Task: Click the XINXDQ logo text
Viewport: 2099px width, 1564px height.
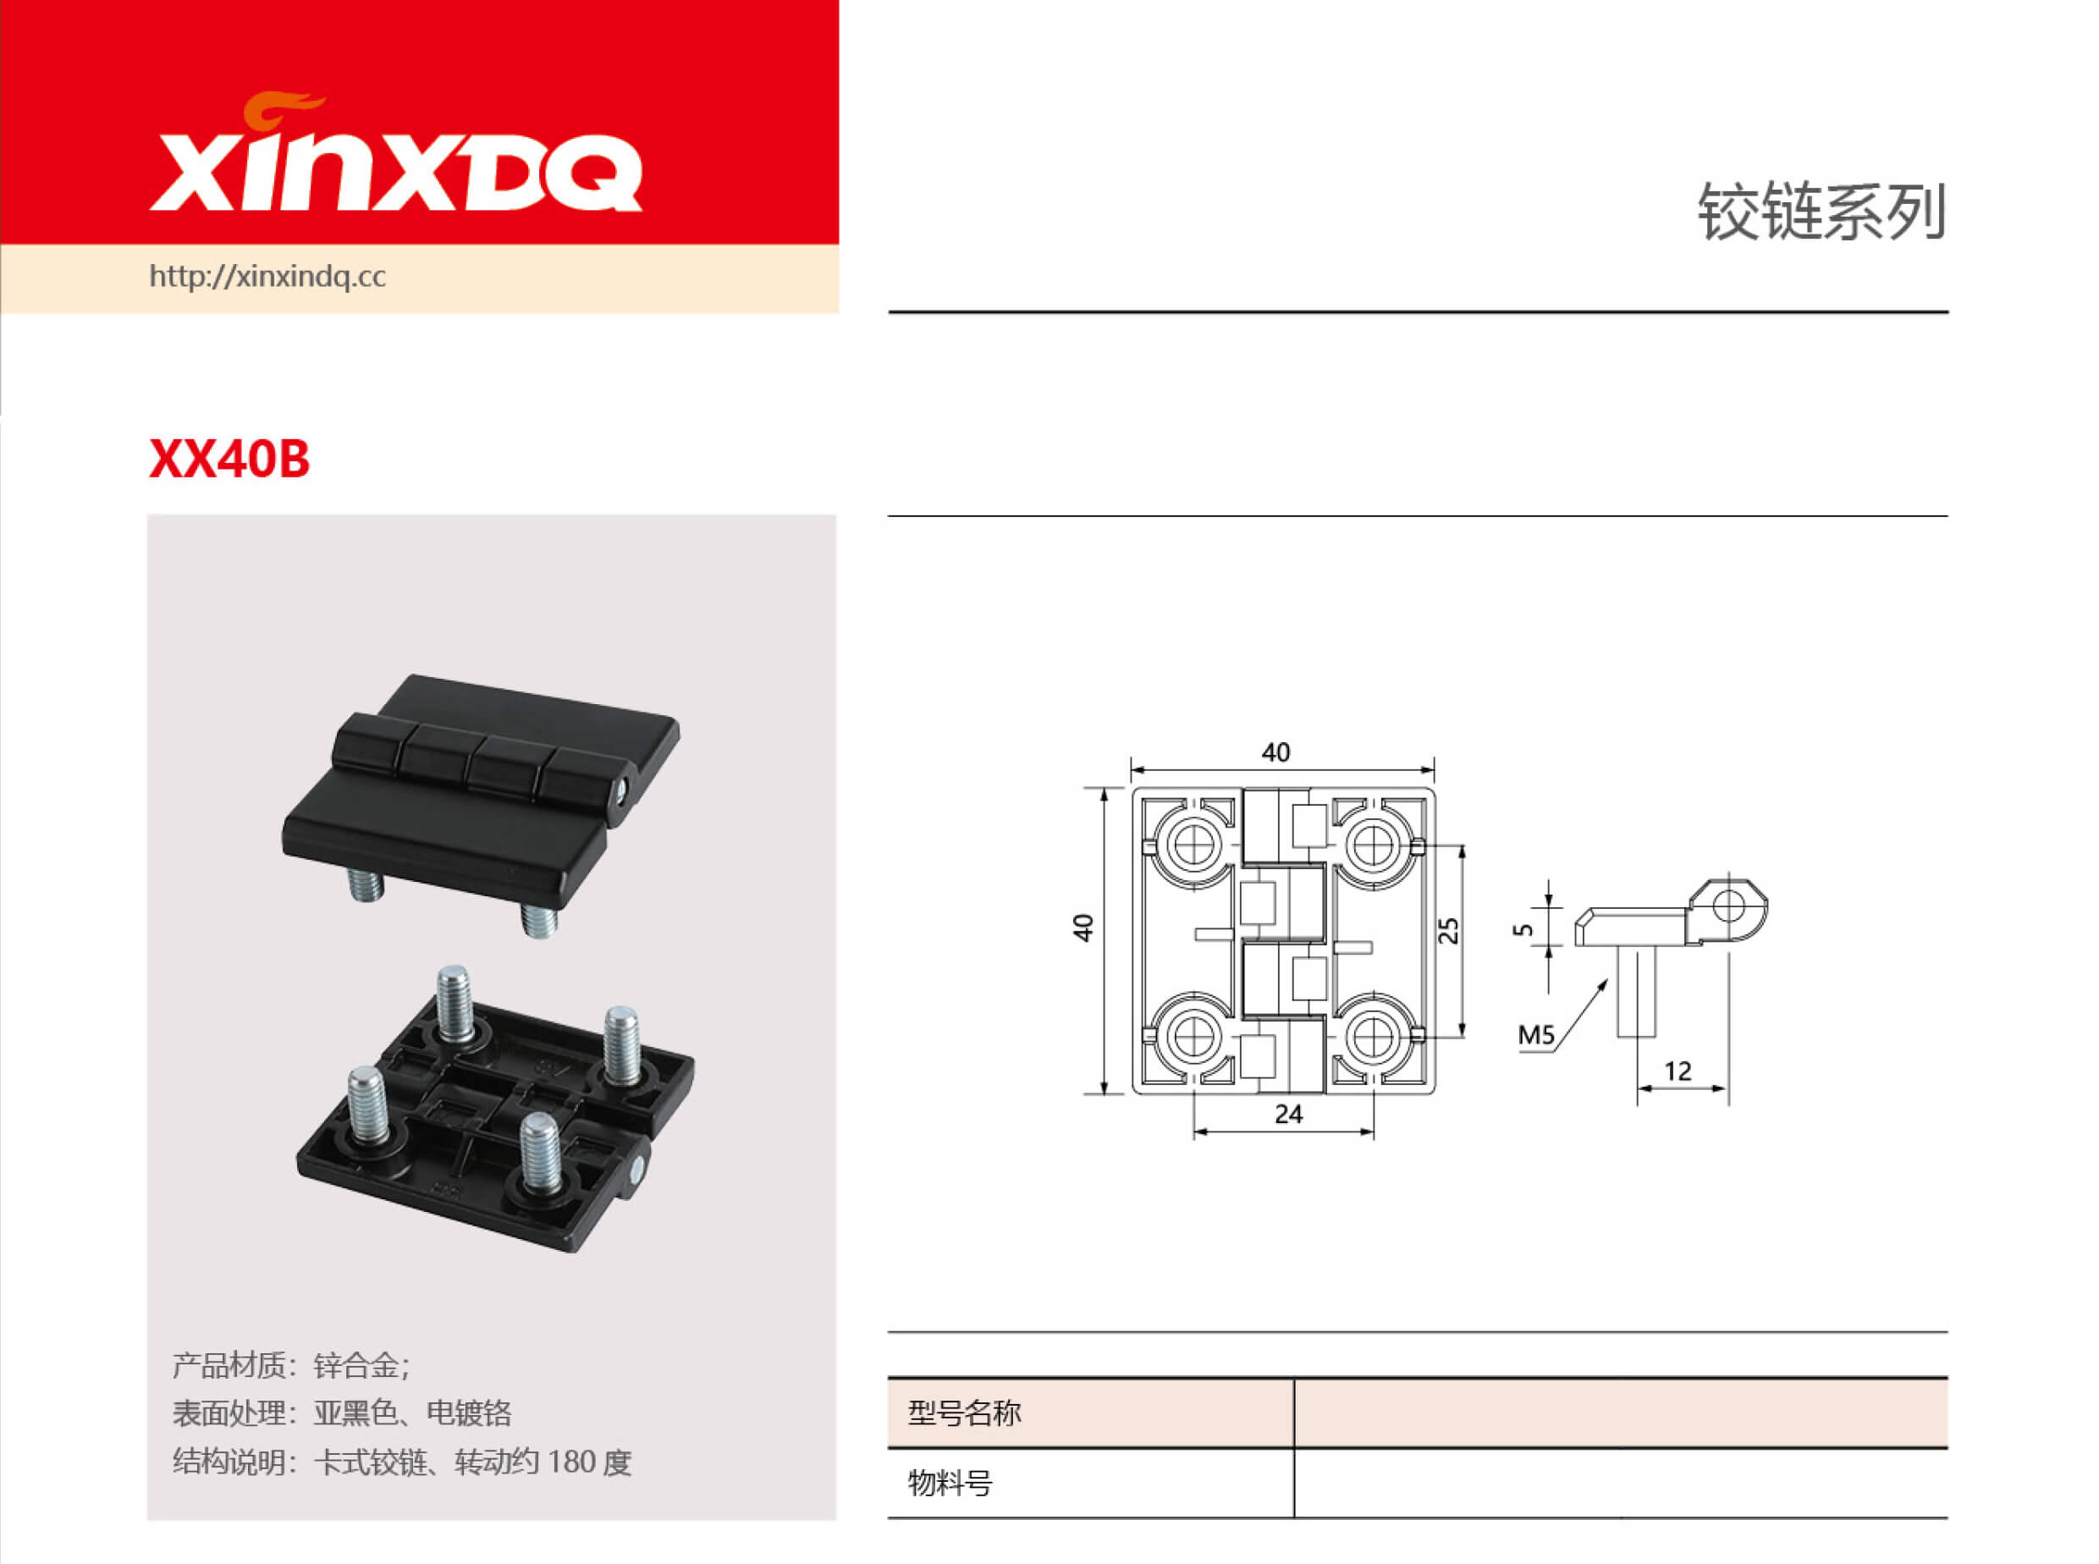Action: pos(396,173)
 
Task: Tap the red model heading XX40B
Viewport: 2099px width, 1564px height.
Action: pos(229,460)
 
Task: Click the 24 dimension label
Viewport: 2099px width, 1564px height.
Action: pos(1287,1115)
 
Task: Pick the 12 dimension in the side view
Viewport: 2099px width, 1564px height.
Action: pos(1677,1071)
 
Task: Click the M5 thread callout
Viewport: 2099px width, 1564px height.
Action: pos(1535,1035)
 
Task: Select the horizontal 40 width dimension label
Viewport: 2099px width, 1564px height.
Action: pos(1275,752)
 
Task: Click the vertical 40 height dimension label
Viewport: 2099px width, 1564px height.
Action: pos(1083,927)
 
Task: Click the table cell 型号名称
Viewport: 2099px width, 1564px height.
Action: pos(965,1413)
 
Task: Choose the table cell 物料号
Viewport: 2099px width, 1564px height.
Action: pos(950,1483)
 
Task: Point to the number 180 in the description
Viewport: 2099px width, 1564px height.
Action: pos(570,1462)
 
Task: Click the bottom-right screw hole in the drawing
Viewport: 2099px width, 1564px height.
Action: pos(1372,1037)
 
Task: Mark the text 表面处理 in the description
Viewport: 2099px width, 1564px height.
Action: pos(229,1413)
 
